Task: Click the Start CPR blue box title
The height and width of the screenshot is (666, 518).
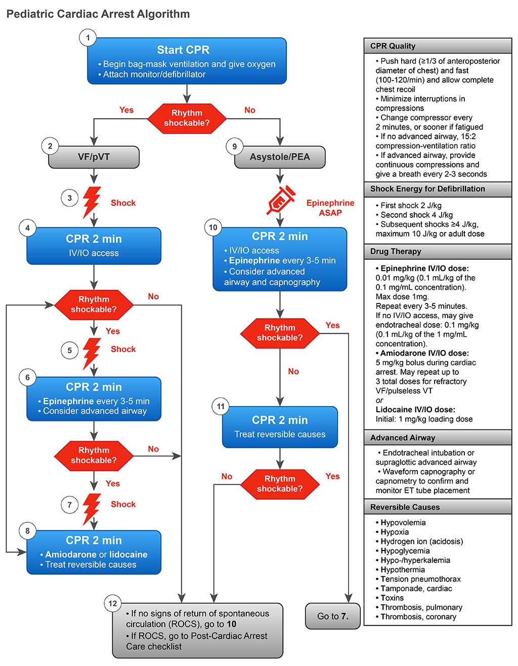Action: point(183,50)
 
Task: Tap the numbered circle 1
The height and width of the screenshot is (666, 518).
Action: point(88,38)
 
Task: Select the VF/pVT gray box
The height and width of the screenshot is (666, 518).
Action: point(94,157)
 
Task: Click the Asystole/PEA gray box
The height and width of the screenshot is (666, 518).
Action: point(280,157)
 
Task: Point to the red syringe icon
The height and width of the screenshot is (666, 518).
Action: point(280,200)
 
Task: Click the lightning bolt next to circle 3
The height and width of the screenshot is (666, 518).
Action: point(92,202)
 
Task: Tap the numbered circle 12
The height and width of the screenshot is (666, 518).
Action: point(113,603)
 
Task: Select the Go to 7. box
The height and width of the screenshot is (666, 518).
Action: point(332,616)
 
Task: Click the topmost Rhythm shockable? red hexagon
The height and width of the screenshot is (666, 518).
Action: point(187,118)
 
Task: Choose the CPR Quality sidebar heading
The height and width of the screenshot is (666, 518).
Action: point(393,46)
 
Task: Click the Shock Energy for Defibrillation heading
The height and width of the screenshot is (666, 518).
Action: point(427,189)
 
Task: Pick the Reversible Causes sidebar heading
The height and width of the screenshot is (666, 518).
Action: point(405,507)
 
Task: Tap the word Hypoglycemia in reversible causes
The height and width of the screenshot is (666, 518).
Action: point(405,551)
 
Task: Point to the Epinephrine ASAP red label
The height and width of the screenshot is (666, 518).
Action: point(330,208)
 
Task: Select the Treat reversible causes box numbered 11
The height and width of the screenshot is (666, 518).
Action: point(280,427)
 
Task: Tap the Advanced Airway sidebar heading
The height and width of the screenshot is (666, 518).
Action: point(403,438)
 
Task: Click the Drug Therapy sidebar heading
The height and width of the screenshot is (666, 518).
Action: point(396,251)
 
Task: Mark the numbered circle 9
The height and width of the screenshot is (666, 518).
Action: point(234,147)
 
